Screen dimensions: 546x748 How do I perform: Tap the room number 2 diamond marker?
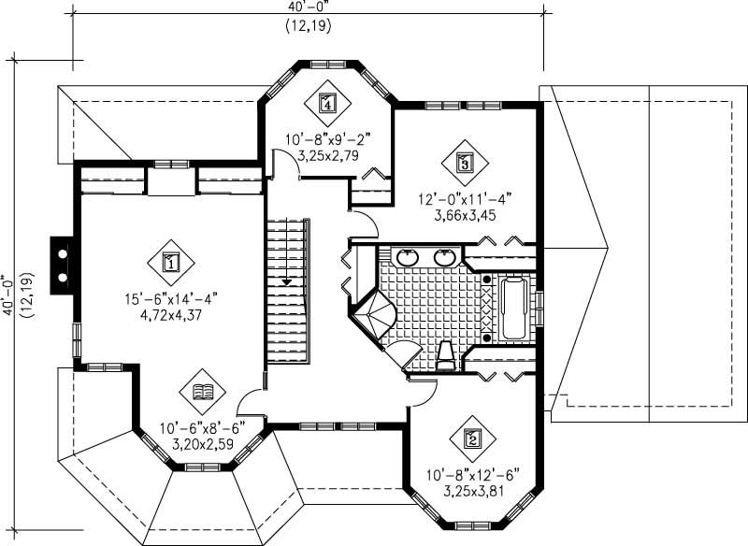pyautogui.click(x=471, y=438)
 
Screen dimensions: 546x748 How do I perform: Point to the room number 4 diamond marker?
pyautogui.click(x=326, y=104)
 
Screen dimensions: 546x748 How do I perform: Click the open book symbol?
pyautogui.click(x=202, y=393)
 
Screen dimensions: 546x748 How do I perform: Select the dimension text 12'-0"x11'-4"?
pyautogui.click(x=464, y=198)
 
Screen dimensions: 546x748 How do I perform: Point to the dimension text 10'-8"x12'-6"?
pyautogui.click(x=472, y=473)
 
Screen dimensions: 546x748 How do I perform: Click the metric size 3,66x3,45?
pyautogui.click(x=464, y=215)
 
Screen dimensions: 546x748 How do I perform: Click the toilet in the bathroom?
pyautogui.click(x=447, y=356)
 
